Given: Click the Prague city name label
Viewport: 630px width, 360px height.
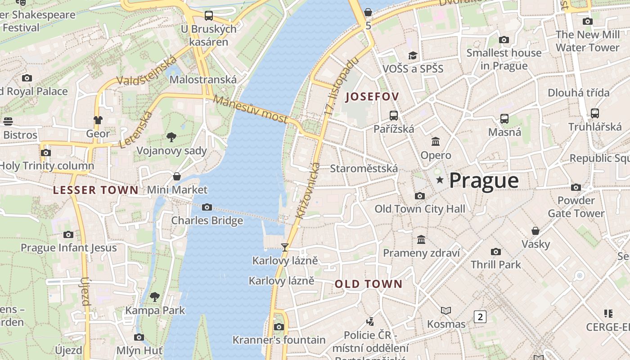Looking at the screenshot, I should click(x=484, y=180).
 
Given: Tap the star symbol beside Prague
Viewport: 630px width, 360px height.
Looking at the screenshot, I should click(x=440, y=180).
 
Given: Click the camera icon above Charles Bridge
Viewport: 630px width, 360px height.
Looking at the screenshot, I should click(x=207, y=207).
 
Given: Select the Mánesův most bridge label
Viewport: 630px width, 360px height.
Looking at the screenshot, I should click(x=250, y=109).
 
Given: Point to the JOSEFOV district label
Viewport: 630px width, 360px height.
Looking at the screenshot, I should click(x=372, y=97).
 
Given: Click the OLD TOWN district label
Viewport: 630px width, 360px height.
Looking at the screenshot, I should click(x=369, y=284).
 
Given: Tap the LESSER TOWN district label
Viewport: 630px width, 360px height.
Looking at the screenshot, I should click(x=96, y=190).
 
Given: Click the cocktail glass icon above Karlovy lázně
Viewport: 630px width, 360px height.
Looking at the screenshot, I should click(x=284, y=247).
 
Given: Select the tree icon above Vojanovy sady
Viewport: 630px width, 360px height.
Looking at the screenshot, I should click(x=171, y=137).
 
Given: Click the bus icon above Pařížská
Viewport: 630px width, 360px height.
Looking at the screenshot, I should click(x=394, y=115).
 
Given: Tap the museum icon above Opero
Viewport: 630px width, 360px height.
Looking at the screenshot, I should click(x=436, y=142).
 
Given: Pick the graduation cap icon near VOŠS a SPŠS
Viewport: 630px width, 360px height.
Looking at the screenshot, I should click(x=413, y=55).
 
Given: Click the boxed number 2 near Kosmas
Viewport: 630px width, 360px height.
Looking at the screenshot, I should click(x=480, y=317).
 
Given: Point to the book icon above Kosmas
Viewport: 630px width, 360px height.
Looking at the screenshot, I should click(x=446, y=310).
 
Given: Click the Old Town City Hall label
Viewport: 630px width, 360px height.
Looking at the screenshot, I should click(x=420, y=209).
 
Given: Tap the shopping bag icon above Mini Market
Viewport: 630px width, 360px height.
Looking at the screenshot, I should click(x=177, y=176).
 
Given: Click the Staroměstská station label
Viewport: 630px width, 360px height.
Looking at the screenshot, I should click(x=364, y=169).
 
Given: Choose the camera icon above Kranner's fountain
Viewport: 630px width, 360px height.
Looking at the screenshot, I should click(x=279, y=327).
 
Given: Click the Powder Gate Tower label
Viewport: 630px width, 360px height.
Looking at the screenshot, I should click(x=576, y=207).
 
